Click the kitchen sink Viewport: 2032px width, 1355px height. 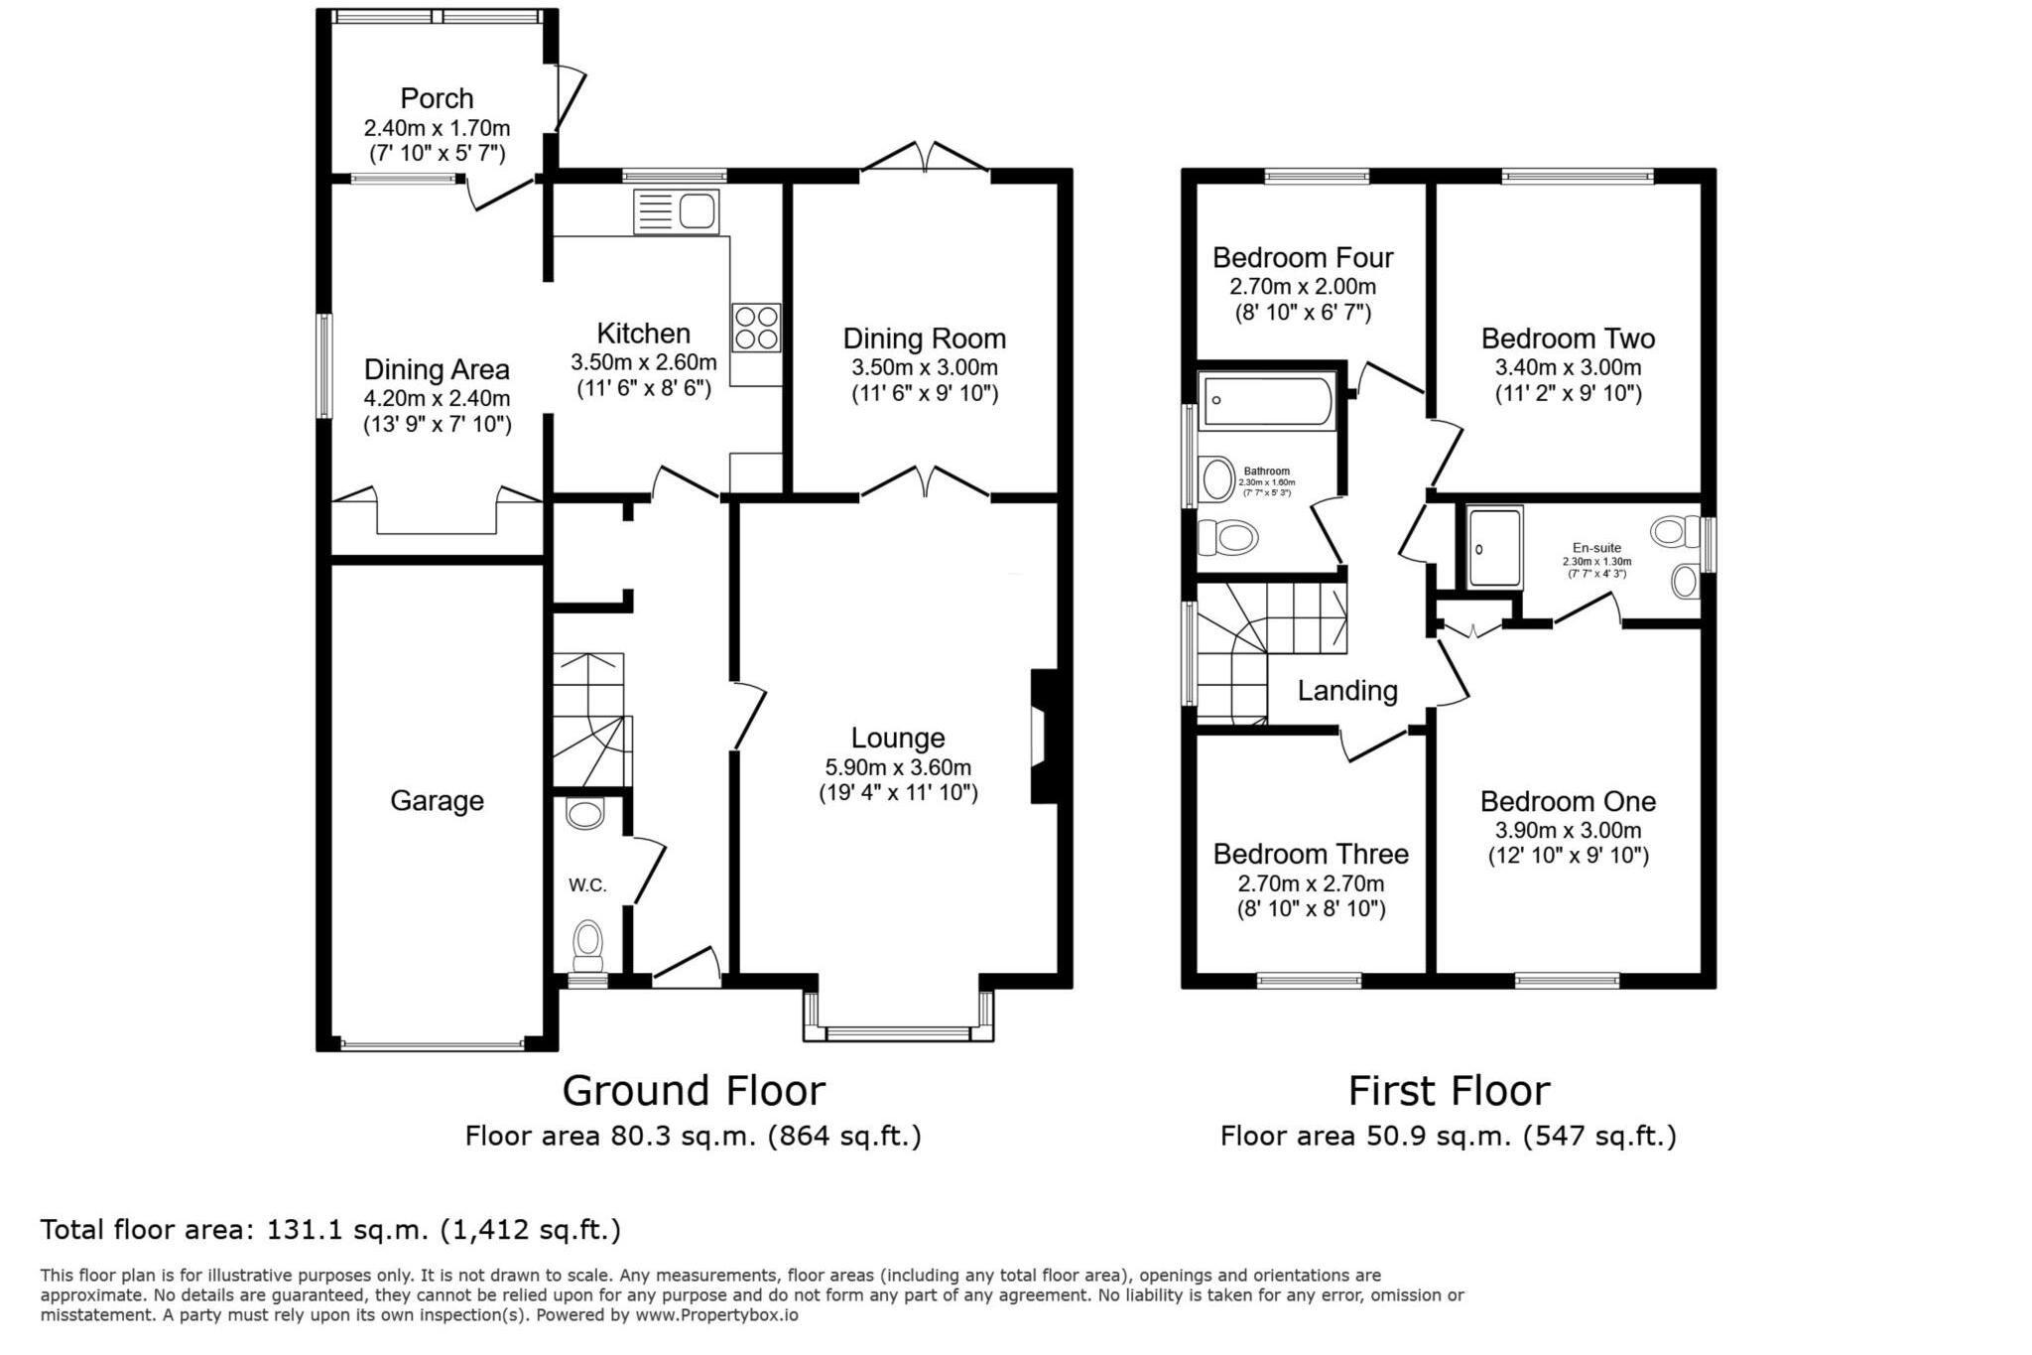pos(677,211)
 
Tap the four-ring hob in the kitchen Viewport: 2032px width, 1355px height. pos(756,328)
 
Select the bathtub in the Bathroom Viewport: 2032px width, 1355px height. pos(1266,401)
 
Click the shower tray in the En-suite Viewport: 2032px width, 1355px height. pos(1494,547)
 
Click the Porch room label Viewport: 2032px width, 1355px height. pos(437,98)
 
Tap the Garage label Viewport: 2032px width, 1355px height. pos(437,800)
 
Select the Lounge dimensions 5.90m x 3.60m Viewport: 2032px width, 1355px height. pos(898,766)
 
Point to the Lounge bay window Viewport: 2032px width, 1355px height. pos(898,1032)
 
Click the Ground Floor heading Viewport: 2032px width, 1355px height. pos(694,1090)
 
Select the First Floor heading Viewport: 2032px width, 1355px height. pos(1448,1090)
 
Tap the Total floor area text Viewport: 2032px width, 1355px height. pos(330,1230)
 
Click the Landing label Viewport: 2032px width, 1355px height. pos(1347,690)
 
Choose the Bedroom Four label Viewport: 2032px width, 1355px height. pos(1302,258)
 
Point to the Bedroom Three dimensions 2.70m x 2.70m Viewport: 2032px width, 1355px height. pos(1310,882)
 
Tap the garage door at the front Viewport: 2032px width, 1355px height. pos(433,1043)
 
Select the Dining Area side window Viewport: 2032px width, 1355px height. pos(323,366)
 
